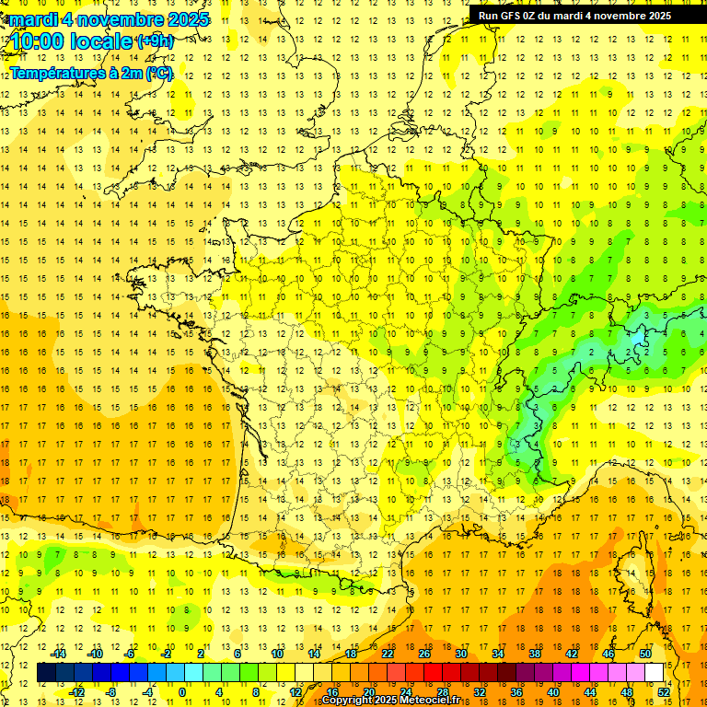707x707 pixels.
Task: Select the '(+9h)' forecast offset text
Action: [154, 41]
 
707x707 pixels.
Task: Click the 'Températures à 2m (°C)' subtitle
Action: [91, 73]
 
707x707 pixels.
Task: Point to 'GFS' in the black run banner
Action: [511, 16]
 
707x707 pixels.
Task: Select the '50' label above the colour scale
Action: [644, 654]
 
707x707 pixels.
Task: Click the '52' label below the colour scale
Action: [664, 691]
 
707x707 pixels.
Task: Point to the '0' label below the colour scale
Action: [182, 691]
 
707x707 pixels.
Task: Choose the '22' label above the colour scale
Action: [388, 654]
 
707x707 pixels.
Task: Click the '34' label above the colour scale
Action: [498, 654]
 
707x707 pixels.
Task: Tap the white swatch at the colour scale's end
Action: [655, 673]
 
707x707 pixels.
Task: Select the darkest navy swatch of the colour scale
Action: [46, 673]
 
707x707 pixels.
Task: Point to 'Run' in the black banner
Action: [488, 16]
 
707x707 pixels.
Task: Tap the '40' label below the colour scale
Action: [553, 691]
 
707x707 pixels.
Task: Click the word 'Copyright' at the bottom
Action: [347, 700]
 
